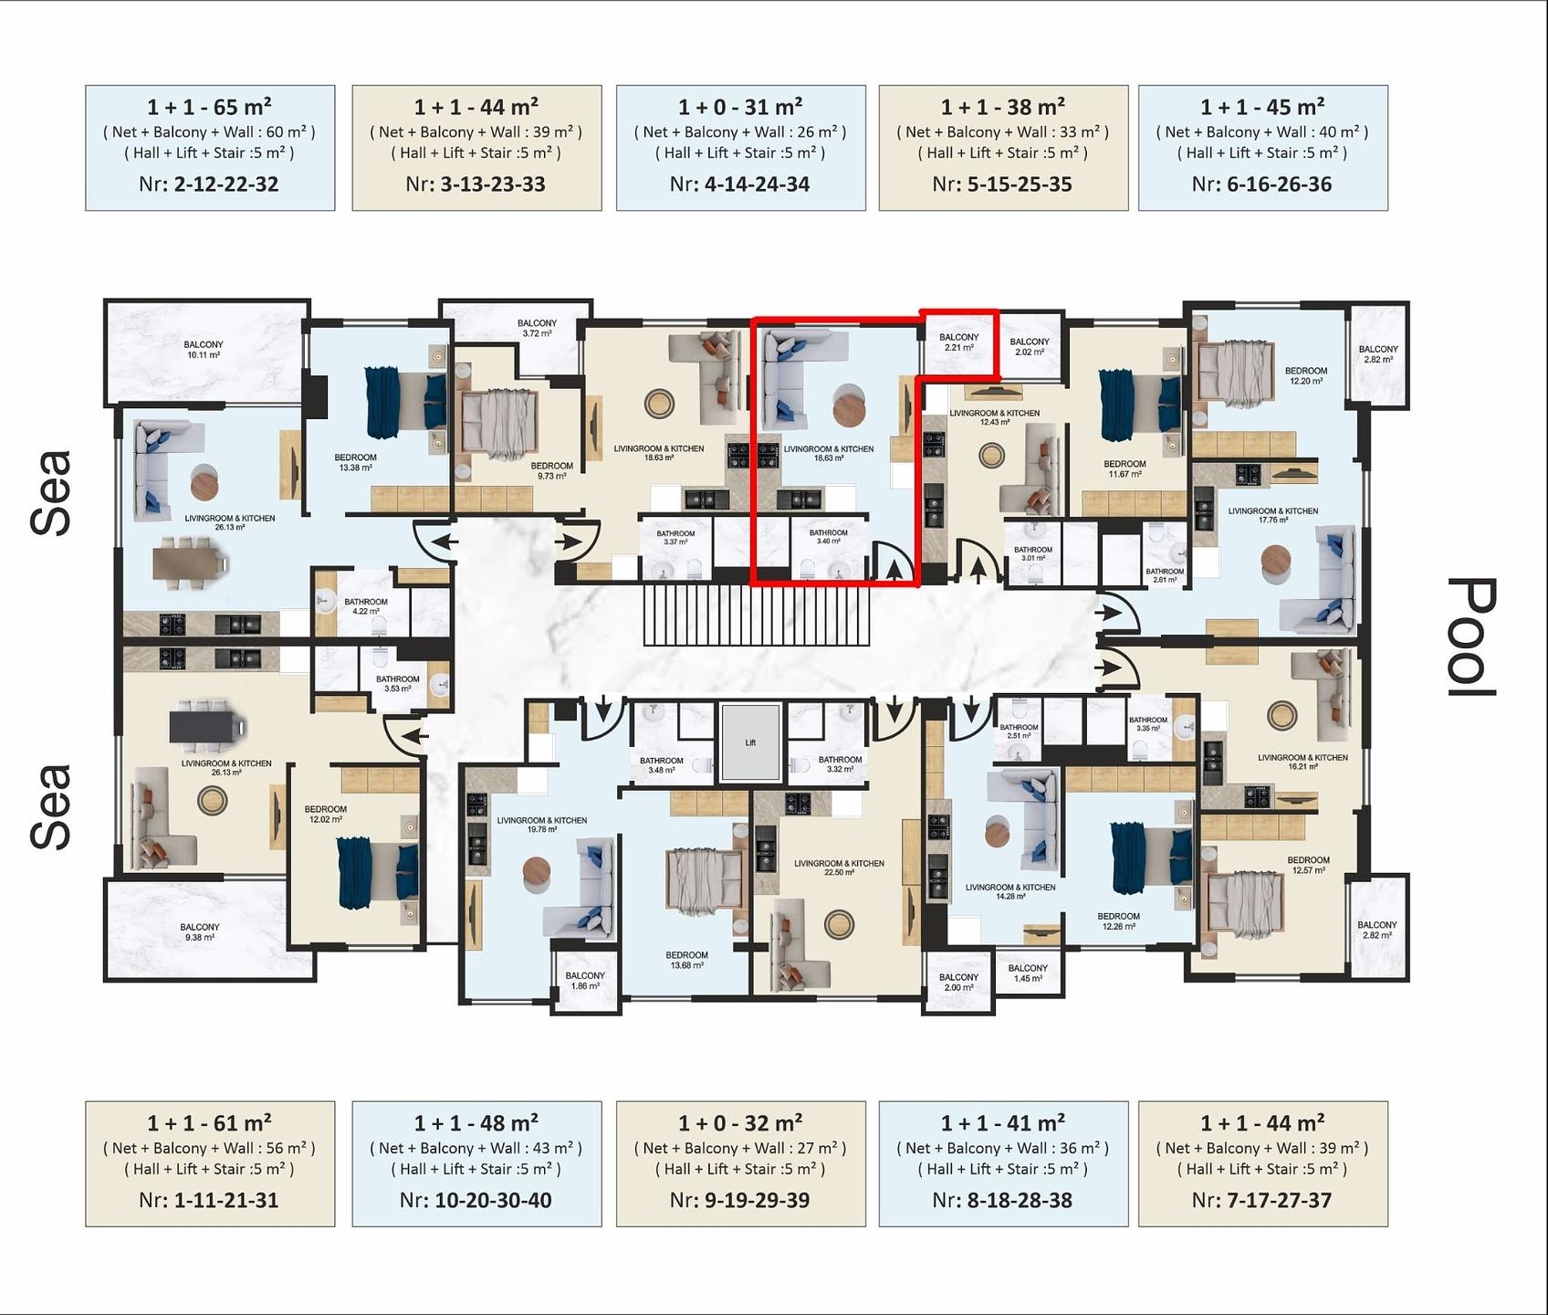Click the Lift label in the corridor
(750, 742)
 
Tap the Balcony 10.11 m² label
(204, 350)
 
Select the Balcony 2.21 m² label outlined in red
(958, 342)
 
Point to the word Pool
(1471, 636)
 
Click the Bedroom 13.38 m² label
(355, 463)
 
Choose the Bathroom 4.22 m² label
(365, 606)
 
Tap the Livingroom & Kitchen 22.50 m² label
(839, 868)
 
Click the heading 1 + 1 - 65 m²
(210, 107)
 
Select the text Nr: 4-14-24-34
(739, 184)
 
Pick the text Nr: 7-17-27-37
(1261, 1201)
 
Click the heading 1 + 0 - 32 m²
(740, 1123)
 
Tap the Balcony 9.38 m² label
(200, 932)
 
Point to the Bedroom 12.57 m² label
(1308, 865)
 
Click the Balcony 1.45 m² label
(1028, 973)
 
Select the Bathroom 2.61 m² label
(1165, 575)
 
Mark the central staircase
(757, 615)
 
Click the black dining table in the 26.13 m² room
(207, 728)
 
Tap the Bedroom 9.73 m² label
(552, 471)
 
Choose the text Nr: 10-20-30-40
(476, 1201)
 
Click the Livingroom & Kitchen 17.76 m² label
(1272, 516)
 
